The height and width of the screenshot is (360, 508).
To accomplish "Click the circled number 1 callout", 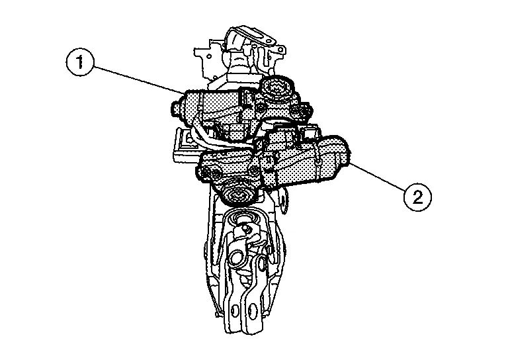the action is point(79,63).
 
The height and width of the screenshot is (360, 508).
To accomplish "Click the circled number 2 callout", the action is point(417,197).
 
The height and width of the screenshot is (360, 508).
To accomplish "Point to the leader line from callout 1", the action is point(138,78).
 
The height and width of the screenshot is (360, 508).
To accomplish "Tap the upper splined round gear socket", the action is point(276,87).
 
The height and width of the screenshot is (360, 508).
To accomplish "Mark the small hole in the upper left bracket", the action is point(209,56).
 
